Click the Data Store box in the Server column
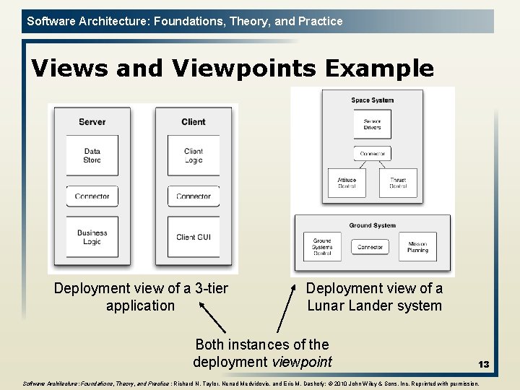pyautogui.click(x=92, y=155)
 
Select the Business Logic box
pyautogui.click(x=92, y=237)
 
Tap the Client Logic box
pyautogui.click(x=194, y=155)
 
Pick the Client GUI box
pyautogui.click(x=194, y=237)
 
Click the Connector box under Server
pyautogui.click(x=92, y=196)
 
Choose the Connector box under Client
pyautogui.click(x=194, y=196)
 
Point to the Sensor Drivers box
pyautogui.click(x=372, y=124)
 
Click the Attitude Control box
pyautogui.click(x=347, y=183)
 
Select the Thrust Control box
pyautogui.click(x=398, y=183)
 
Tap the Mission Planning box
pyautogui.click(x=417, y=247)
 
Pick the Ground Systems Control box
pyautogui.click(x=322, y=247)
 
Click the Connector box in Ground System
pyautogui.click(x=370, y=247)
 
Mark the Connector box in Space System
pyautogui.click(x=372, y=153)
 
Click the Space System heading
pyautogui.click(x=372, y=100)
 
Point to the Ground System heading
pyautogui.click(x=372, y=225)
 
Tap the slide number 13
pyautogui.click(x=483, y=365)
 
